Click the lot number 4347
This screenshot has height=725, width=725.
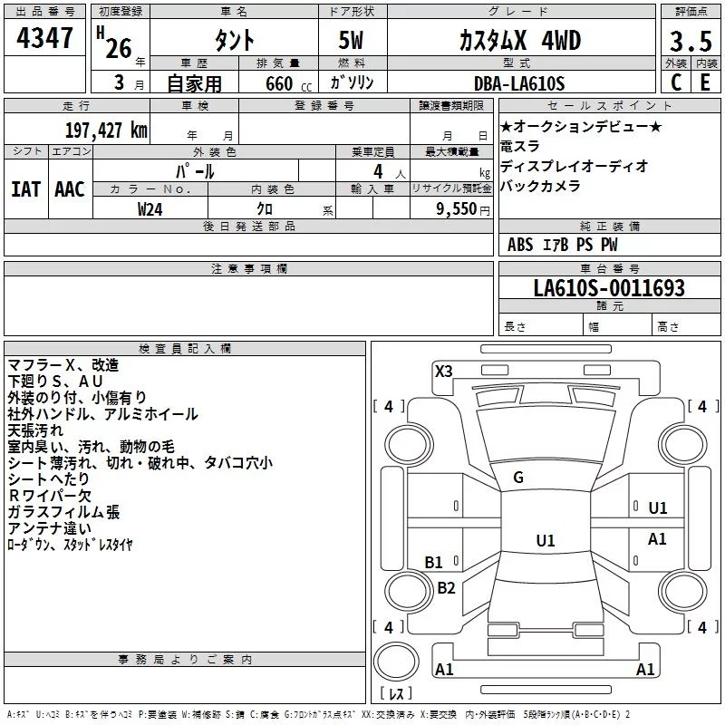(x=45, y=39)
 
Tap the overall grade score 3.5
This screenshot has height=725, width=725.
(x=688, y=42)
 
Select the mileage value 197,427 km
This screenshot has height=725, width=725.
(x=107, y=130)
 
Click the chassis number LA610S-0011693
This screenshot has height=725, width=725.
(x=608, y=289)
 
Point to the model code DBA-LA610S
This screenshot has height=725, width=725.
(x=518, y=83)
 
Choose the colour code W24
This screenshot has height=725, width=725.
(x=150, y=209)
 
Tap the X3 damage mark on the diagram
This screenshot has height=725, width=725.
(x=444, y=371)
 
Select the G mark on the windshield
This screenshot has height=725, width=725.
(x=518, y=477)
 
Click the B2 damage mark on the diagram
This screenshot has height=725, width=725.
(x=446, y=587)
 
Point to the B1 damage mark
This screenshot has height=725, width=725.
(x=434, y=562)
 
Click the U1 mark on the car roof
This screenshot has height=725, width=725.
(x=545, y=541)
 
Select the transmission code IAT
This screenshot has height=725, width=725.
(x=25, y=188)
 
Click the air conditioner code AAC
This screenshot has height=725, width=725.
(x=69, y=188)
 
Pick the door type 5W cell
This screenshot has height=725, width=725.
(x=353, y=41)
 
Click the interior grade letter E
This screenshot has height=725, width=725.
(x=704, y=82)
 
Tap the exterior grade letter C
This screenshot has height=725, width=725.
(x=675, y=82)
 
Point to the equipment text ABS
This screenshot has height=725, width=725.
(x=520, y=245)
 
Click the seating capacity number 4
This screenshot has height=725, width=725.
(x=377, y=171)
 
